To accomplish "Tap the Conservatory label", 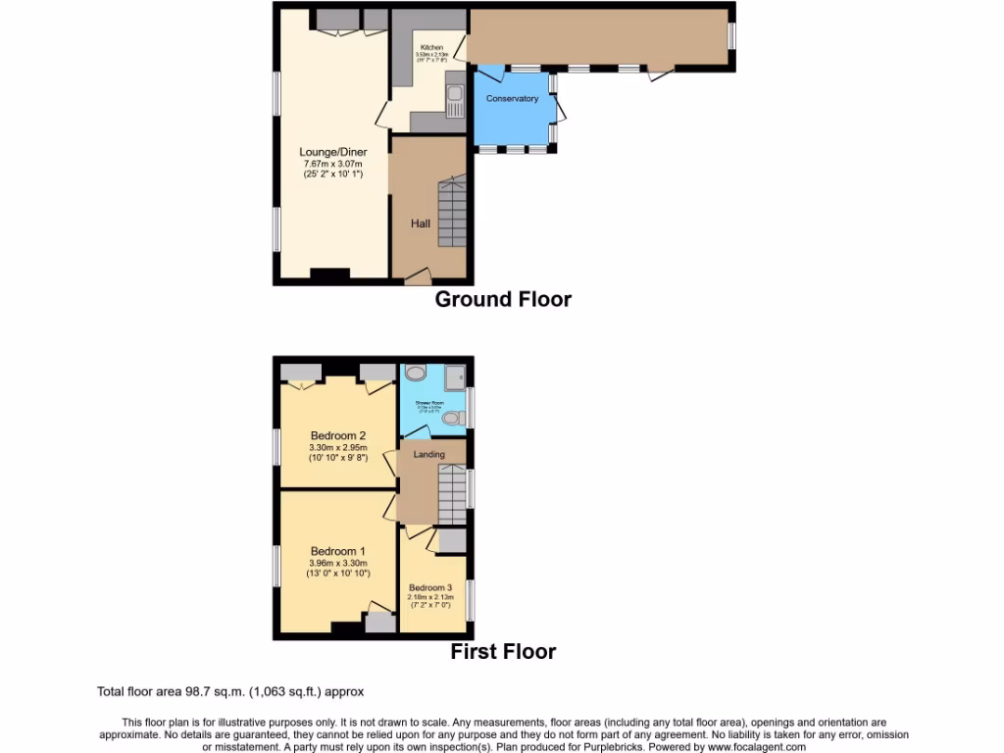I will [x=512, y=99].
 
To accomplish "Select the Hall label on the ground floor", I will [x=421, y=224].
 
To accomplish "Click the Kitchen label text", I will [x=431, y=48].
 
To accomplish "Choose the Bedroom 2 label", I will [x=338, y=435].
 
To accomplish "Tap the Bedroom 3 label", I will [x=431, y=587].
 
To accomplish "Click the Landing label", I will [x=428, y=454].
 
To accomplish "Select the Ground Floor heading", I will [x=503, y=299].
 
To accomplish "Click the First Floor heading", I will [x=503, y=651].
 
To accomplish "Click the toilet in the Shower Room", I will [x=451, y=419].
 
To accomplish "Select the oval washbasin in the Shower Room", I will [x=415, y=373].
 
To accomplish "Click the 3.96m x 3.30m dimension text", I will [x=338, y=564].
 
